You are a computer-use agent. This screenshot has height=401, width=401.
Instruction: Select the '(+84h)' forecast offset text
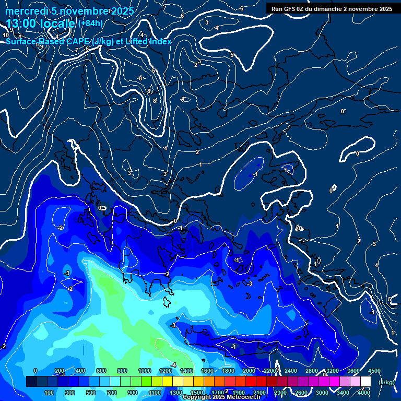[90, 23]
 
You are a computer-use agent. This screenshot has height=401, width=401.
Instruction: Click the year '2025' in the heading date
[121, 11]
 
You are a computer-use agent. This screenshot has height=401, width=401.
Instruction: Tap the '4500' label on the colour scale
[374, 371]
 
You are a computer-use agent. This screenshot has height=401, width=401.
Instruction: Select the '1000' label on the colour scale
[144, 371]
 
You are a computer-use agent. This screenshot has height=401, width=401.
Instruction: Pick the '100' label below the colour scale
[49, 393]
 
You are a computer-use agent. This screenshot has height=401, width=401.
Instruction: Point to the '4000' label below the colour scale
[364, 393]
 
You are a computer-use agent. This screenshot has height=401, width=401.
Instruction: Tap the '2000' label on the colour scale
[249, 371]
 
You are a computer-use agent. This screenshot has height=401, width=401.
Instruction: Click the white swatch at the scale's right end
[365, 382]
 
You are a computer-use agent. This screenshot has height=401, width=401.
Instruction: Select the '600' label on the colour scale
[101, 371]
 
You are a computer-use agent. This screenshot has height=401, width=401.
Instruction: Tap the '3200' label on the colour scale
[332, 371]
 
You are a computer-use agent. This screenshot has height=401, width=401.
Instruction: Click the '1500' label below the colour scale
[196, 393]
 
